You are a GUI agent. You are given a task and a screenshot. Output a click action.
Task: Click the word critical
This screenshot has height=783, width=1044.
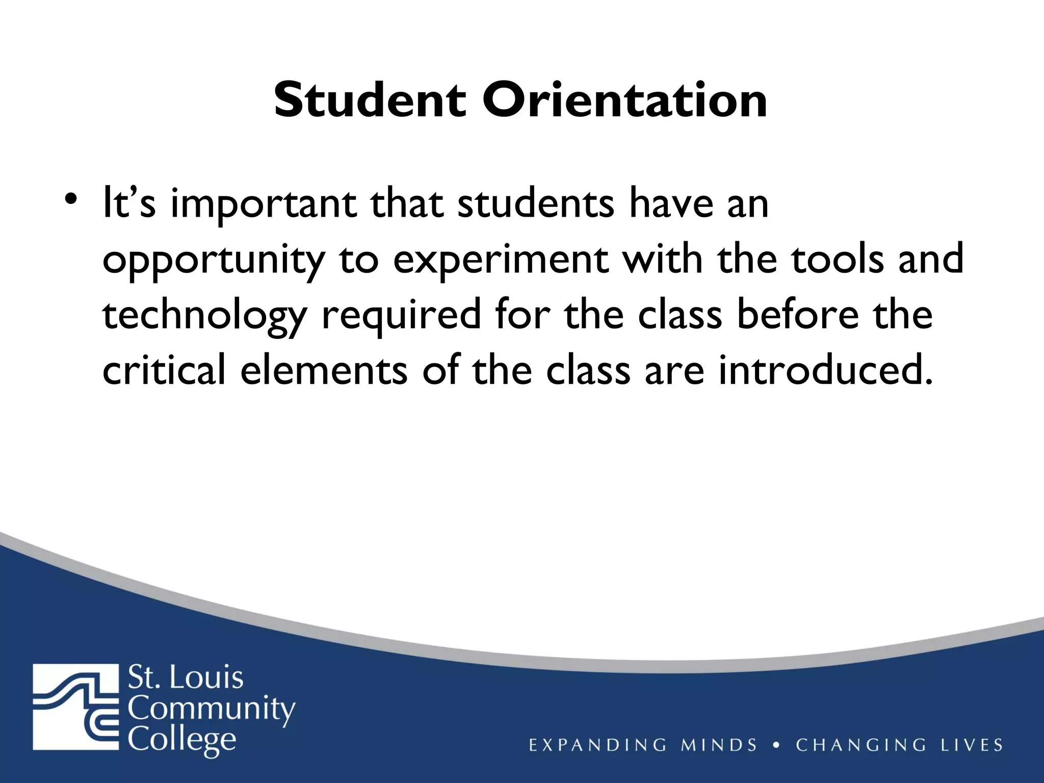click(164, 371)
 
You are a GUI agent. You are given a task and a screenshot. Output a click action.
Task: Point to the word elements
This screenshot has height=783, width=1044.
click(323, 371)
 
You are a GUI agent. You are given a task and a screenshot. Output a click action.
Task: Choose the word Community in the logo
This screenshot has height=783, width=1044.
click(211, 710)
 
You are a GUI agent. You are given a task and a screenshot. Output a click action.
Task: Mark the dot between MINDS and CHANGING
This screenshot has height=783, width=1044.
click(776, 745)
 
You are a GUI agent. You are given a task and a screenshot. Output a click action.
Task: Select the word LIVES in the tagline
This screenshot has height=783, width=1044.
click(971, 745)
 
